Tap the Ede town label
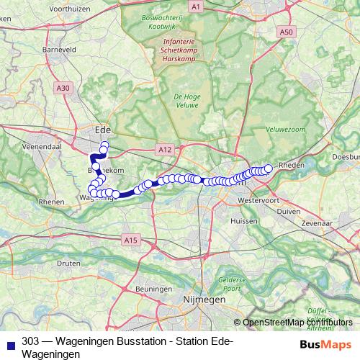point(103,130)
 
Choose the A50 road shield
point(287,32)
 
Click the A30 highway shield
point(64,88)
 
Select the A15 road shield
point(130,240)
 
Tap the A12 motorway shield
point(163,148)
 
